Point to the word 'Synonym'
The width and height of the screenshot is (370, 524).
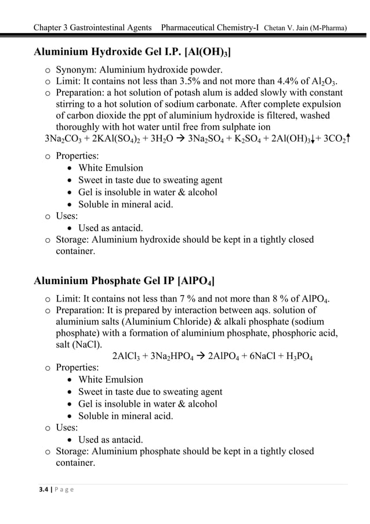(x=77, y=71)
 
